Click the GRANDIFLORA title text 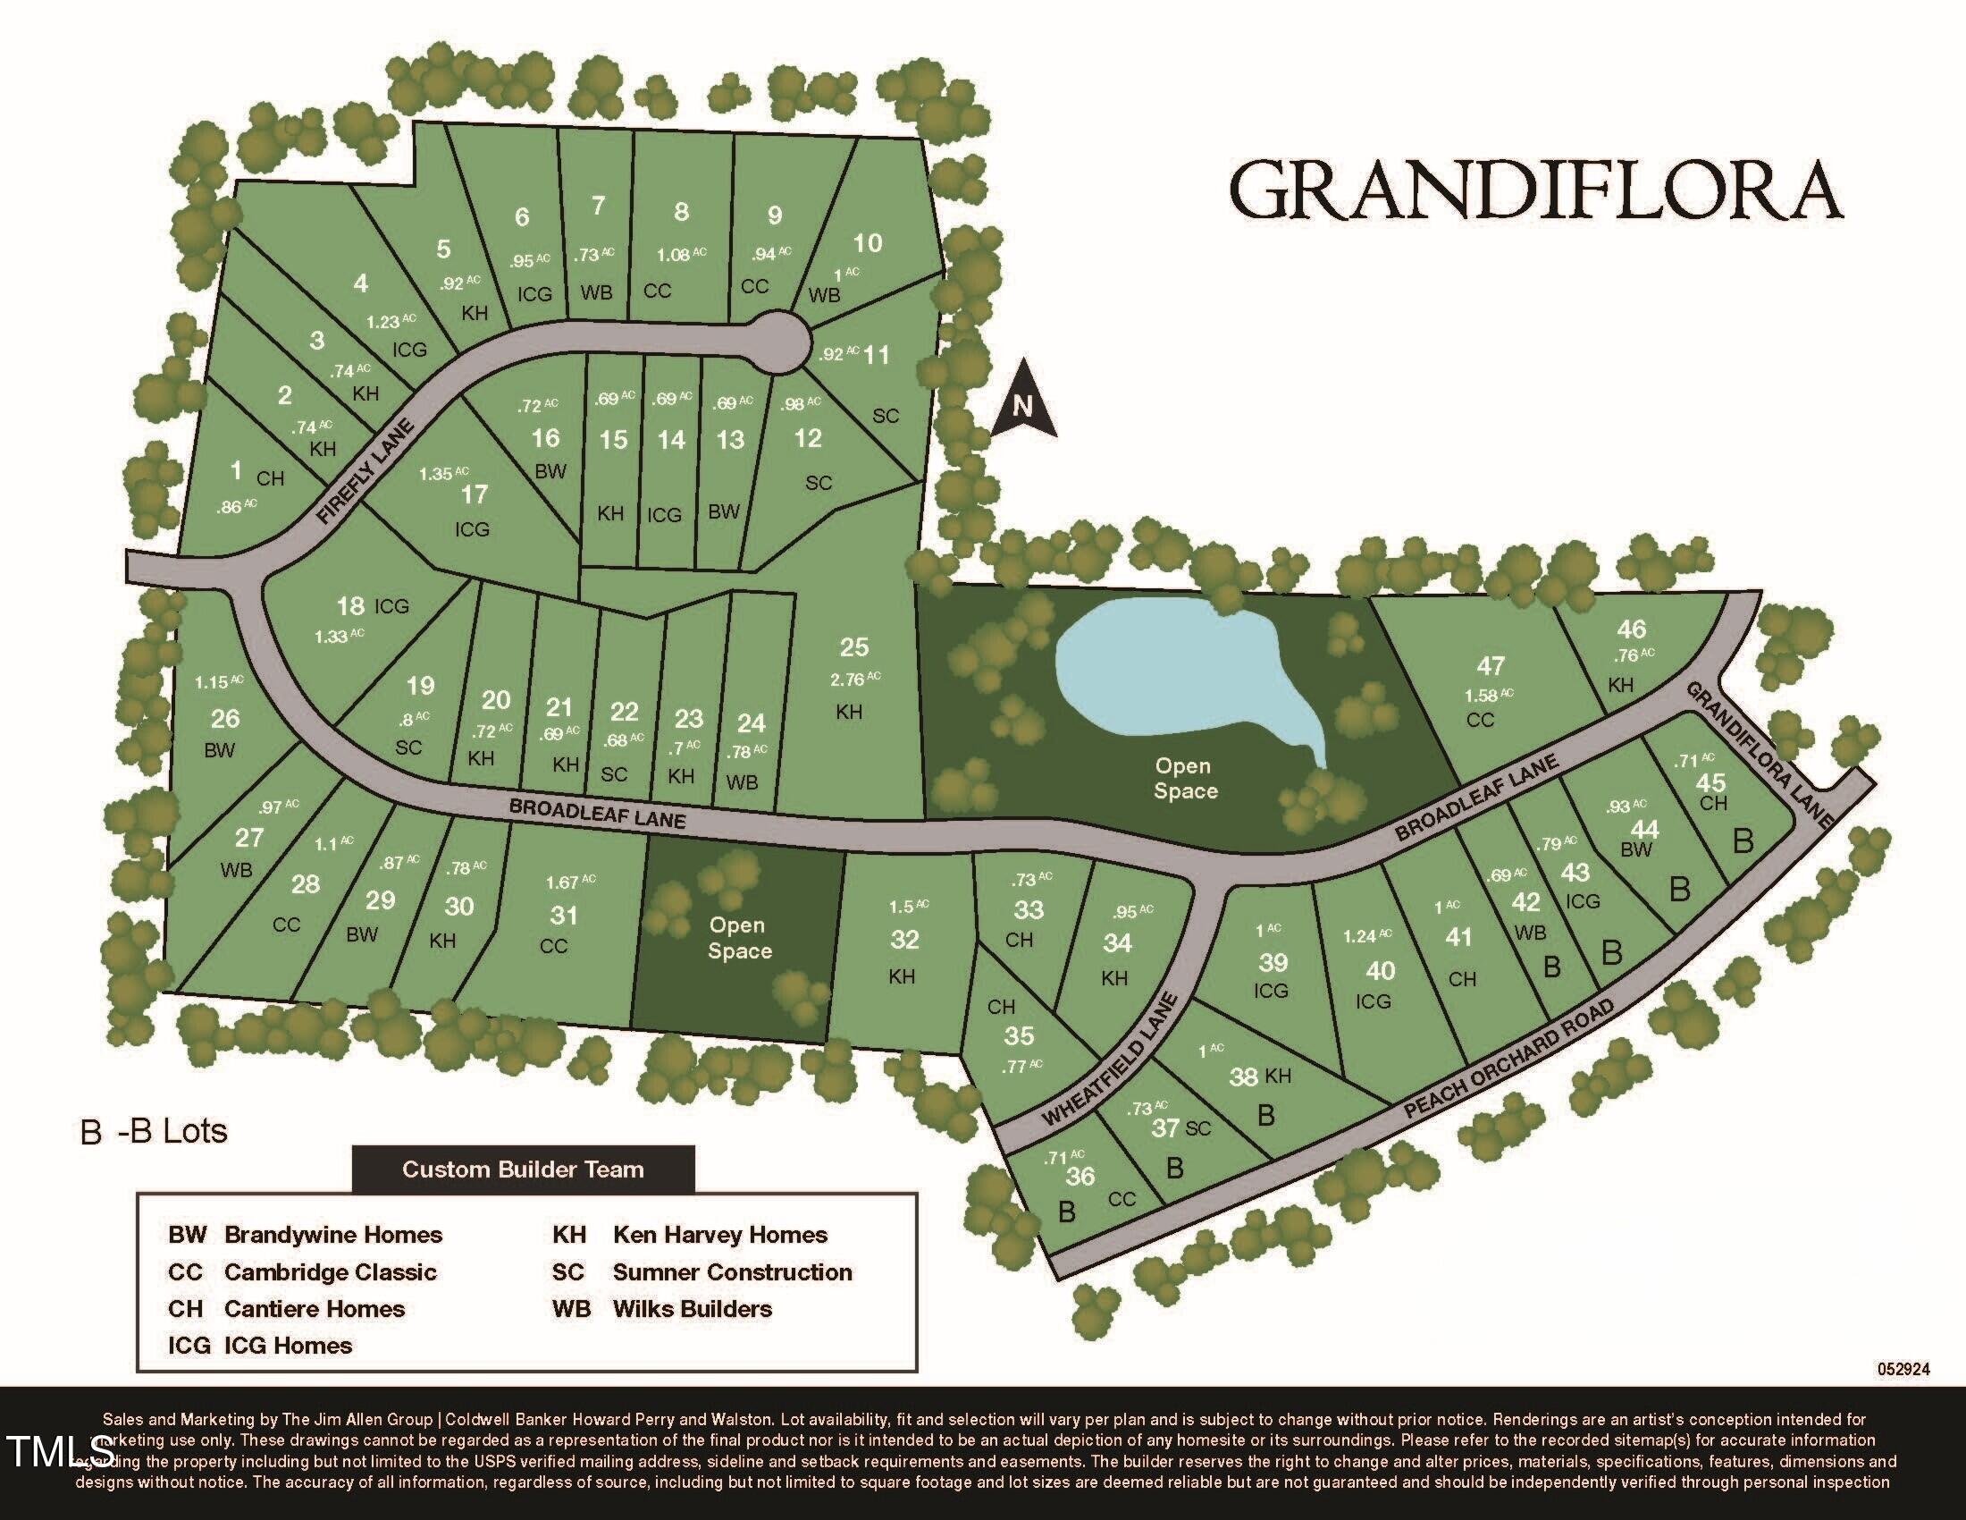click(1535, 190)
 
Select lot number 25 click(854, 647)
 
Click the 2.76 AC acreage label click(855, 678)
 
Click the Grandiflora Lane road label click(1760, 755)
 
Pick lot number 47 click(1491, 665)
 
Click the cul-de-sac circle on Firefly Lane click(777, 342)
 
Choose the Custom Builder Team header click(523, 1170)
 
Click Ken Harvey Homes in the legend click(719, 1235)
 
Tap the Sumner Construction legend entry click(732, 1271)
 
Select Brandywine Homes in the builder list click(333, 1235)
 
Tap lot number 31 click(564, 916)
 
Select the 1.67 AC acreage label click(570, 882)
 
